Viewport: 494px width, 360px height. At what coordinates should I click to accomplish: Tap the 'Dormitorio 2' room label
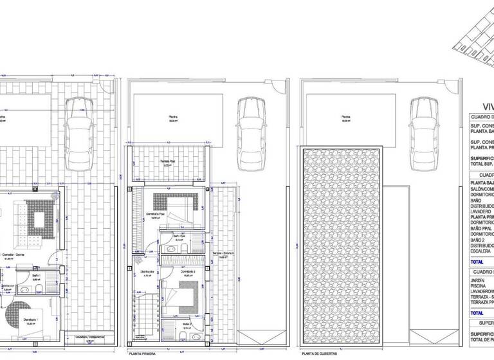click(x=188, y=272)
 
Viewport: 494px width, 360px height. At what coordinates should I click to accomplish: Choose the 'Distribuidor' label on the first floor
click(x=147, y=272)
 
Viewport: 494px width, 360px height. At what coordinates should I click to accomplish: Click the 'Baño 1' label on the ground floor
click(x=36, y=275)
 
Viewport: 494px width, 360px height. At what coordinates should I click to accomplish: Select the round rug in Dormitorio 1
click(x=25, y=307)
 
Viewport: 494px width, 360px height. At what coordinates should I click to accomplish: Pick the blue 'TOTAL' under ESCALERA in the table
click(x=477, y=262)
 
